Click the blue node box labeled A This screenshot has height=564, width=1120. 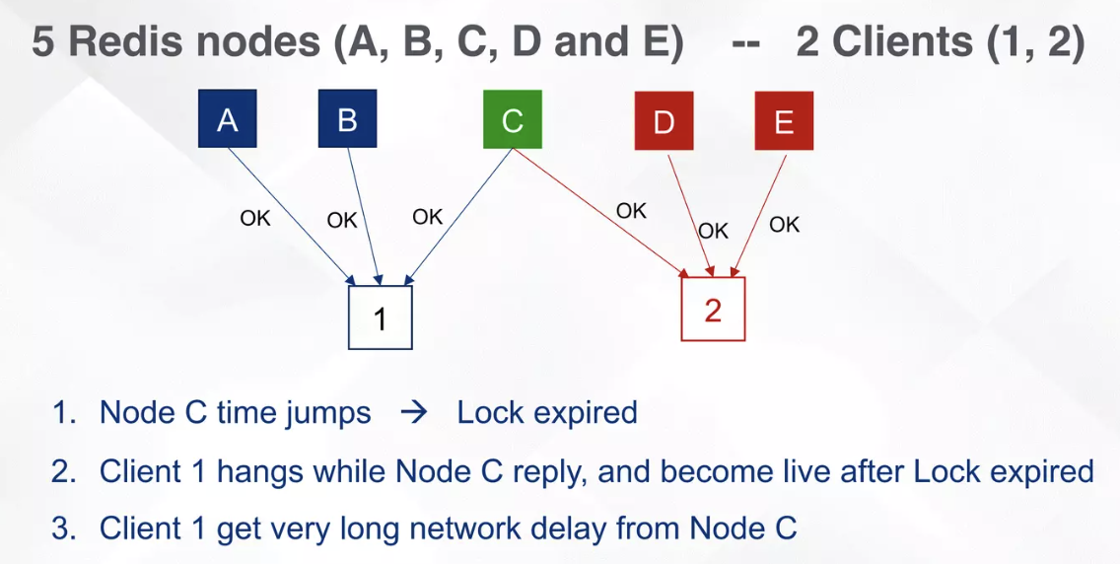click(x=227, y=119)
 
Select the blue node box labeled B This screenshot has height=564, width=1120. click(x=347, y=119)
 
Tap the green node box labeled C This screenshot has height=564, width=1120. click(x=512, y=120)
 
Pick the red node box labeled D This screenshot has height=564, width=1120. click(x=664, y=121)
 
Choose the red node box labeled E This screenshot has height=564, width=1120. click(x=784, y=121)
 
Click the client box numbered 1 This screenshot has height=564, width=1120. click(x=380, y=317)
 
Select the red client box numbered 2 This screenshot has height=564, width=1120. click(x=713, y=310)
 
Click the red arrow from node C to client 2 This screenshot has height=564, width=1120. click(x=601, y=211)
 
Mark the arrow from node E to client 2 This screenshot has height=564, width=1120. click(x=759, y=213)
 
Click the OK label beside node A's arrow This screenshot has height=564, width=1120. click(x=255, y=219)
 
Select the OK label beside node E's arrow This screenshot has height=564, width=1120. click(x=785, y=225)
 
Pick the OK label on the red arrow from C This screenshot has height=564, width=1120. click(x=631, y=211)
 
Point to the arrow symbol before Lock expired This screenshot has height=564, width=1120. click(x=414, y=412)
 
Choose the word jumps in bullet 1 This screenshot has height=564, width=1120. click(x=328, y=412)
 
